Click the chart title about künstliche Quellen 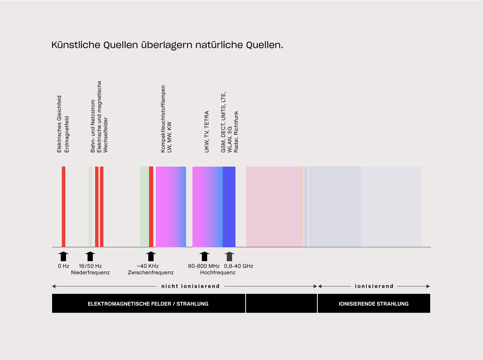pos(167,45)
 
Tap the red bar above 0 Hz pos(63,207)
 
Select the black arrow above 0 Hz pos(63,256)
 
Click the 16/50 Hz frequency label pos(90,266)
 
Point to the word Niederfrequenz pos(90,273)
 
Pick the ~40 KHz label pos(148,266)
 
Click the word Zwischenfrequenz pos(151,273)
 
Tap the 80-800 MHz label pos(204,266)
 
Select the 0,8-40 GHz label pos(238,266)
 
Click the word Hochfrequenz pos(218,273)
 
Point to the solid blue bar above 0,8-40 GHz pos(229,207)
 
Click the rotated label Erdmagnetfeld pos(67,134)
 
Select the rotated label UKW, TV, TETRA pos(207,132)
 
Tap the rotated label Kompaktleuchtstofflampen pos(163,119)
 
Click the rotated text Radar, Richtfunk pos(236,132)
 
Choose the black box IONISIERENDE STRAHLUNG pos(374,304)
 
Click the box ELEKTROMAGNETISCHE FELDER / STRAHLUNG pos(148,304)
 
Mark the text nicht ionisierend pos(190,286)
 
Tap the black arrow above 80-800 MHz pos(204,256)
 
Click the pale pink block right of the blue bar pos(274,207)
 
